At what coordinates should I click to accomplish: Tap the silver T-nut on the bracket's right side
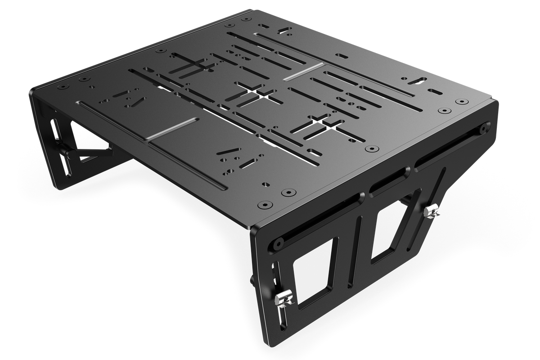pyautogui.click(x=433, y=210)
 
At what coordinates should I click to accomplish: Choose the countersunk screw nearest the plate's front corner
pyautogui.click(x=262, y=206)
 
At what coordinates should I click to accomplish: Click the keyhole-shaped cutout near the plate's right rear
pyautogui.click(x=416, y=81)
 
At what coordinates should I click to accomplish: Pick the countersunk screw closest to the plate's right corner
pyautogui.click(x=461, y=103)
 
